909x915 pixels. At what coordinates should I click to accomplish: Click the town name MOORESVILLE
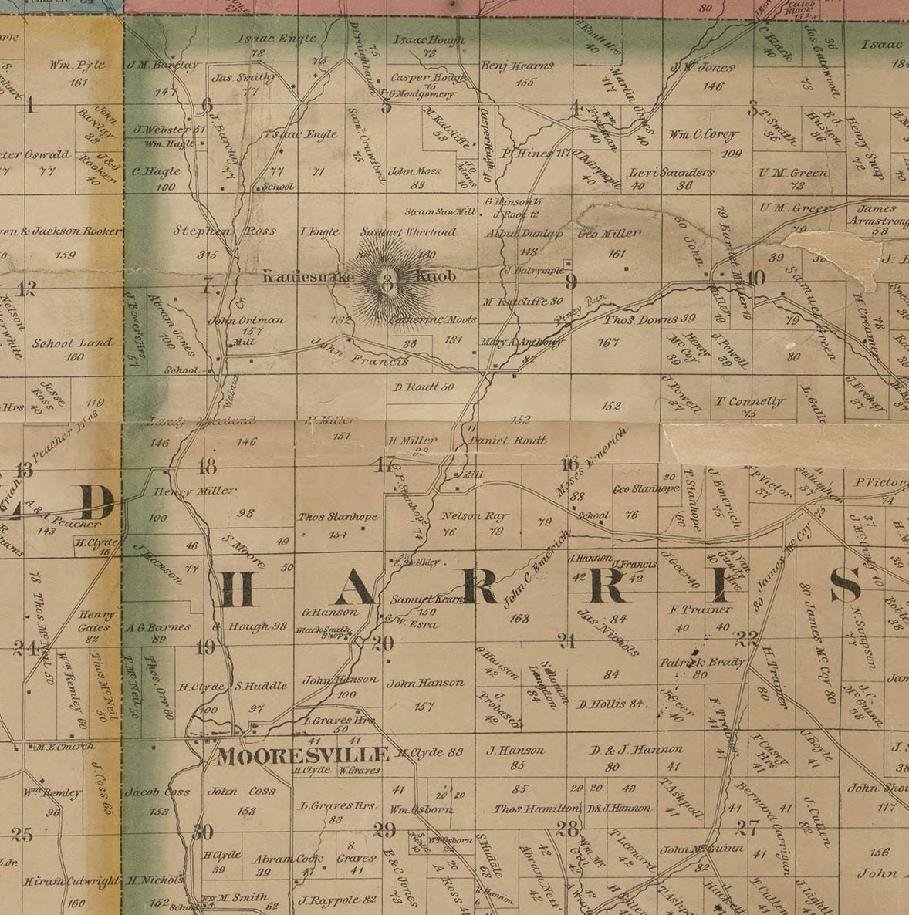(x=302, y=755)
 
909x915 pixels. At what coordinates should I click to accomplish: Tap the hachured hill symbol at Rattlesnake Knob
(x=388, y=283)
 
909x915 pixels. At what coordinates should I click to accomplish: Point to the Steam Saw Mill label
(x=441, y=211)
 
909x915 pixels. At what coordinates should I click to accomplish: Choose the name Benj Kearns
(x=517, y=66)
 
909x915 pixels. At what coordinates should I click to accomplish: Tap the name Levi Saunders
(x=671, y=172)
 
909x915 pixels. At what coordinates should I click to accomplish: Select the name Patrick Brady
(x=701, y=662)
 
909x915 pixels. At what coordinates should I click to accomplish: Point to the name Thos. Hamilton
(x=536, y=809)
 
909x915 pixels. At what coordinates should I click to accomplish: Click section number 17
(x=384, y=465)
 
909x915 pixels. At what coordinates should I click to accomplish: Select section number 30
(x=202, y=832)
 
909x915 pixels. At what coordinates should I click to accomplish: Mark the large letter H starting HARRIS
(x=237, y=591)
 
